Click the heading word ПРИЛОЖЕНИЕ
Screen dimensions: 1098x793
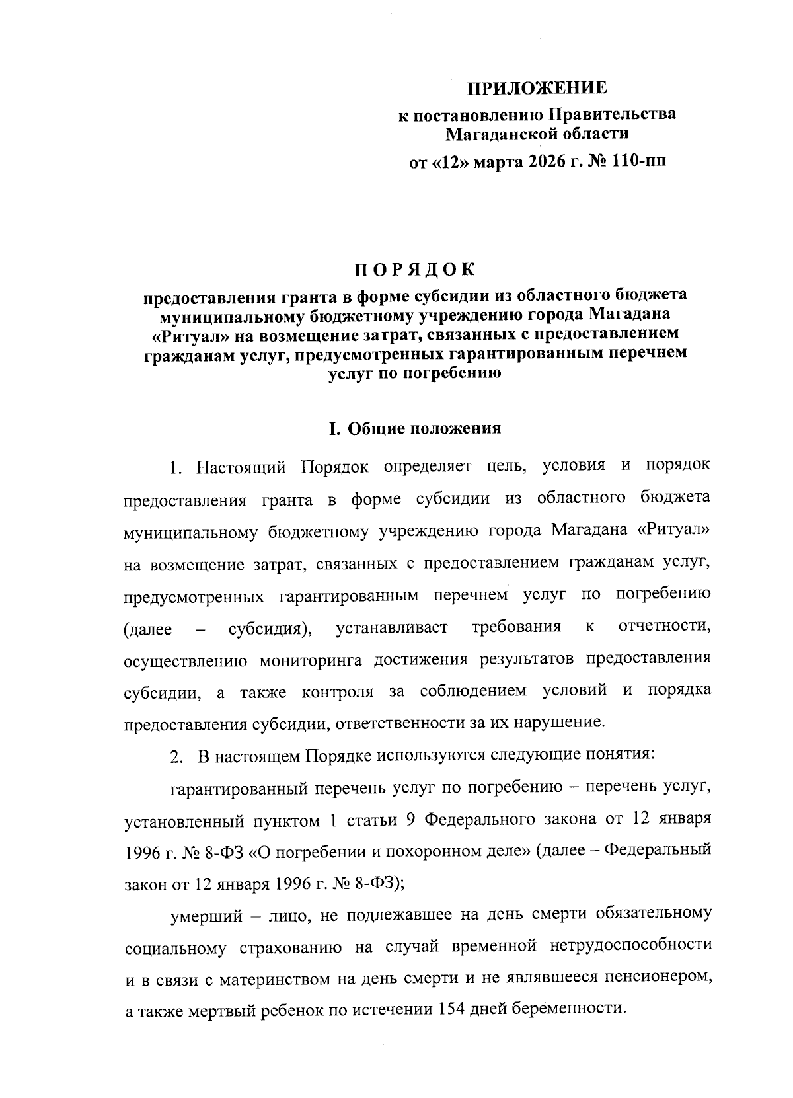click(537, 89)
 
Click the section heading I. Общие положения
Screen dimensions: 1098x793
click(415, 428)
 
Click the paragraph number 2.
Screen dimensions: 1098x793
click(176, 756)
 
